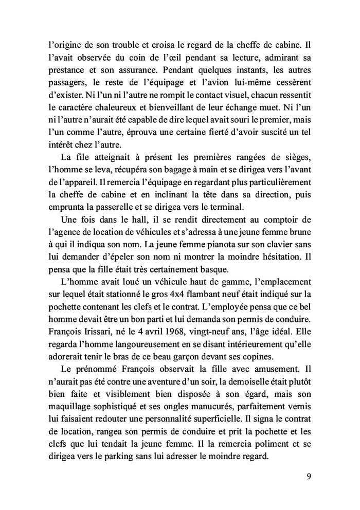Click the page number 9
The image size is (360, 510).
(x=309, y=476)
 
